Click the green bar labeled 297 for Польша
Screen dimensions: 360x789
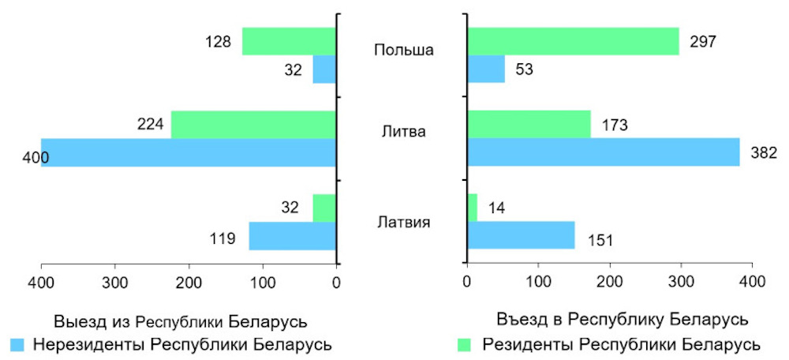(x=573, y=41)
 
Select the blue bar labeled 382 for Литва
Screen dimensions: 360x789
(x=604, y=152)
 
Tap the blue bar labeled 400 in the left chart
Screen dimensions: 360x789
(x=189, y=152)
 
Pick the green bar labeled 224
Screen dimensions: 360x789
(x=253, y=124)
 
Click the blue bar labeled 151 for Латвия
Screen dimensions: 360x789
(x=521, y=235)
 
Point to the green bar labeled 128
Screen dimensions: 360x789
(x=289, y=41)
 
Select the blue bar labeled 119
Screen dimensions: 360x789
(x=293, y=235)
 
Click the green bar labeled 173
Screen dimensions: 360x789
(x=529, y=124)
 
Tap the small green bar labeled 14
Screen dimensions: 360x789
(x=473, y=208)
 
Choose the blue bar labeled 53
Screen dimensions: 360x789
(x=486, y=69)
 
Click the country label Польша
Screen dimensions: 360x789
(x=403, y=51)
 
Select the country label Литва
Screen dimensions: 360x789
(x=403, y=131)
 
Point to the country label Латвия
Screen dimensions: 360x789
(x=403, y=221)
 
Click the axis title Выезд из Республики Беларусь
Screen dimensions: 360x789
(x=180, y=322)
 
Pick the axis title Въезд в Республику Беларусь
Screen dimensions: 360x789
(x=623, y=320)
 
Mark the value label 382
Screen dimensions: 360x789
(x=765, y=152)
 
